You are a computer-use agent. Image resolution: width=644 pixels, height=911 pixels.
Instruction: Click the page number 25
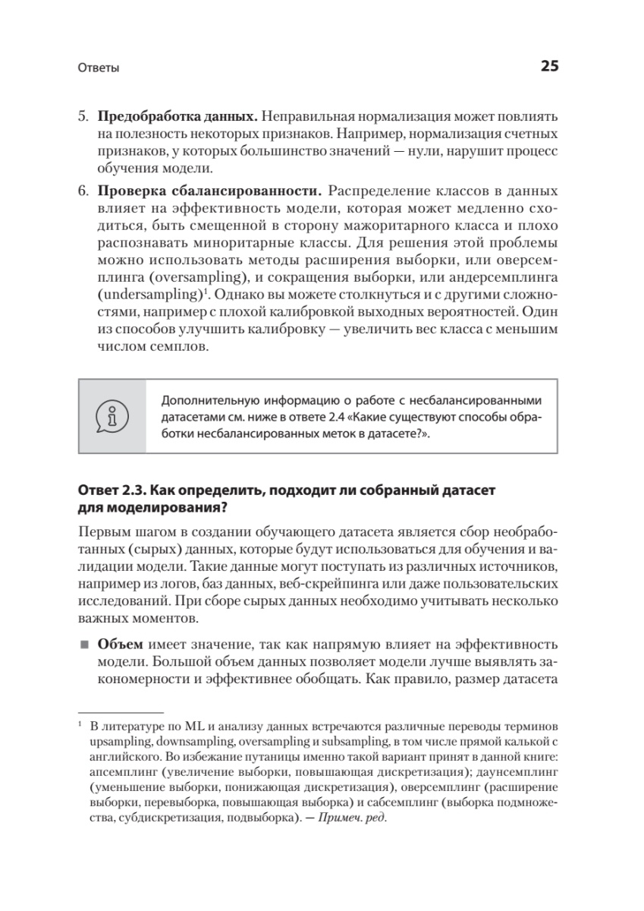(x=549, y=66)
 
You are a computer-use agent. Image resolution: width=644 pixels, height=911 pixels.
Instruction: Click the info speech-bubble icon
(x=112, y=417)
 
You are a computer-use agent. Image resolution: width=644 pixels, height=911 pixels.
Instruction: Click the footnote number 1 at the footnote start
(x=80, y=723)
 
